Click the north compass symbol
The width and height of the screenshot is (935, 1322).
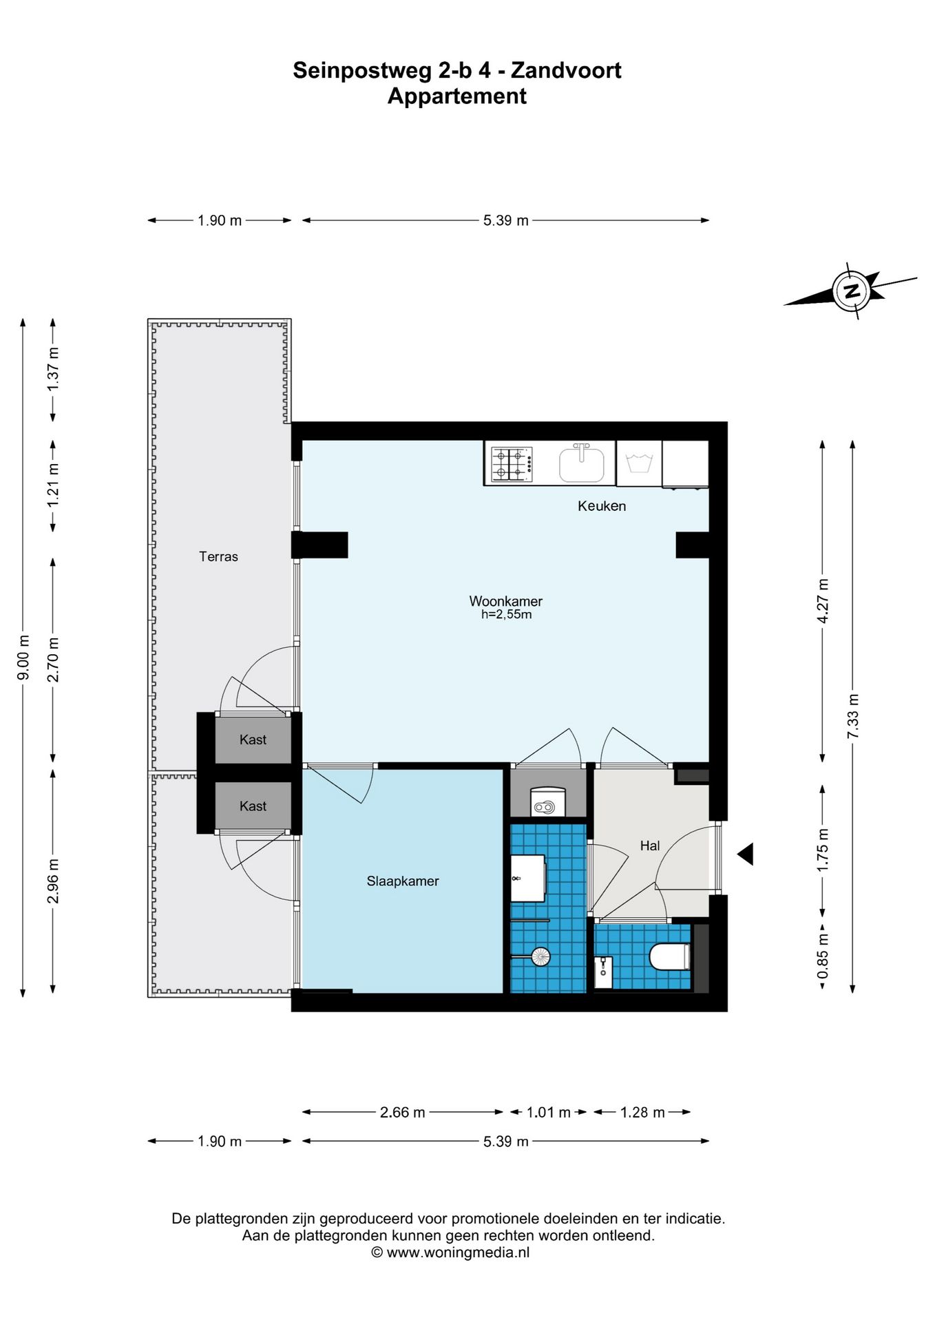[x=852, y=291]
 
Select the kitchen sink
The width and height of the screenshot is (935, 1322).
[x=582, y=464]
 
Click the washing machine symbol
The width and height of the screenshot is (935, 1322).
[x=639, y=463]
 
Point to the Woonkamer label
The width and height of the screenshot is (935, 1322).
[x=506, y=601]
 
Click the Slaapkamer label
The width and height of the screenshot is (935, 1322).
[x=403, y=881]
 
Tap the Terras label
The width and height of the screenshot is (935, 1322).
[x=218, y=556]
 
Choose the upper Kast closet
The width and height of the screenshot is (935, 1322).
[x=253, y=739]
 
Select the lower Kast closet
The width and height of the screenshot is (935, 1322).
[x=253, y=806]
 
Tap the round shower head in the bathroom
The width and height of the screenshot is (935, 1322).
[x=541, y=956]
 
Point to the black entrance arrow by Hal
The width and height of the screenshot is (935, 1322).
[x=745, y=854]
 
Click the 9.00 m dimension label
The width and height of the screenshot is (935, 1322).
[x=23, y=657]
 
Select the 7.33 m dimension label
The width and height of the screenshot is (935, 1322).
[x=853, y=716]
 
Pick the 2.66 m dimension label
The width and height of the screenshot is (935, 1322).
[x=403, y=1112]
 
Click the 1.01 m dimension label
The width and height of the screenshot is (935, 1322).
[x=549, y=1112]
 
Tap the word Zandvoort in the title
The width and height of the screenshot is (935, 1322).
[x=566, y=70]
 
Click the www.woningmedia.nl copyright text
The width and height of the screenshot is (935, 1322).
[x=451, y=1252]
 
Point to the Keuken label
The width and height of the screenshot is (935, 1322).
[x=602, y=506]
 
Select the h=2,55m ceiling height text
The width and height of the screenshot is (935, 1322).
[x=506, y=615]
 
